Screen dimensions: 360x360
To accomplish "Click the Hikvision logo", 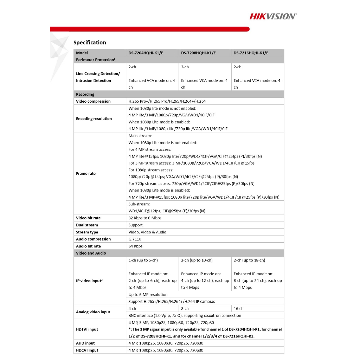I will pos(273,16).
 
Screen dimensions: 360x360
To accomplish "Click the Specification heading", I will pos(90,43).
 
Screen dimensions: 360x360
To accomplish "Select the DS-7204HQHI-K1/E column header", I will pos(146,53).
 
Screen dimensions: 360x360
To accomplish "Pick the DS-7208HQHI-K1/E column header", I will pos(198,53).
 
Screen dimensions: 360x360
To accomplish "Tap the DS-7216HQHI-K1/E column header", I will pos(251,53).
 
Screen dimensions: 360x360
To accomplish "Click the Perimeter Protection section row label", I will pos(96,60).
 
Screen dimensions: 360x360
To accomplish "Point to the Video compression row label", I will pos(93,101).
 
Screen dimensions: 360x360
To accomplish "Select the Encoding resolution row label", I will pos(94,118).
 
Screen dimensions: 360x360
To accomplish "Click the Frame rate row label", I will pos(86,173).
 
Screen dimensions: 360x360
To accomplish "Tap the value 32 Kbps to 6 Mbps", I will pos(145,218).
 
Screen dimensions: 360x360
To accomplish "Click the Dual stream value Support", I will pos(136,225).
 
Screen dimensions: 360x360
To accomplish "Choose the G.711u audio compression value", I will pos(135,239).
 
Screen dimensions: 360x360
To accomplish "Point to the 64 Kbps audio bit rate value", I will pos(136,246).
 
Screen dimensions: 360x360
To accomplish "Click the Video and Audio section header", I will pos(91,253).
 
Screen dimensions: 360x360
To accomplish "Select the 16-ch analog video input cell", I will pos(239,309).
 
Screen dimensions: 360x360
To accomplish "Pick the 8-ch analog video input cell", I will pos(185,309).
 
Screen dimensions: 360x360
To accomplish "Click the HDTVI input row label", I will pos(87,329).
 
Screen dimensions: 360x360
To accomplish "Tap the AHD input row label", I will pos(85,343).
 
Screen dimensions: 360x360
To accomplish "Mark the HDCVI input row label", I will pos(87,350).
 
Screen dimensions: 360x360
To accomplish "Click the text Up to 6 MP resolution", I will pos(148,295).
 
